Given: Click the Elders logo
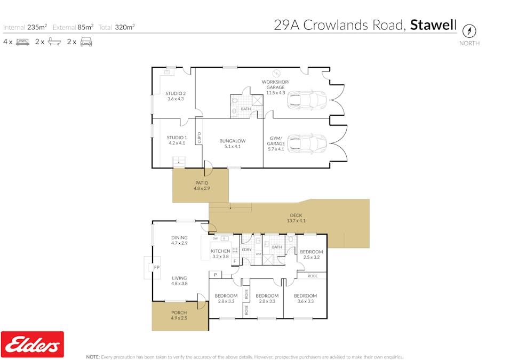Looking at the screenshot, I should (33, 344).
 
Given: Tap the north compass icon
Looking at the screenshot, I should (469, 30).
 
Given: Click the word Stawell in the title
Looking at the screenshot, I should (433, 25).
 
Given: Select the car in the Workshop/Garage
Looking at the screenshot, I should (306, 100).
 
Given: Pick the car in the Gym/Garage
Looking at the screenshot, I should (306, 143).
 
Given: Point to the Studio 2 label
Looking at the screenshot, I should (175, 93).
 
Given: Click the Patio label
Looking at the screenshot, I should (202, 183).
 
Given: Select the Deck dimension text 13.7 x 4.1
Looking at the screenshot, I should (296, 221).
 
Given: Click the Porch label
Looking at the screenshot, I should (179, 313).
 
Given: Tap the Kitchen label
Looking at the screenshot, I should (220, 251).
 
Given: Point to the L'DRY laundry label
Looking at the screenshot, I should (246, 250).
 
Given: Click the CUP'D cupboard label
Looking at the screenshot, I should (199, 138).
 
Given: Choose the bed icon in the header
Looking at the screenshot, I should (22, 42).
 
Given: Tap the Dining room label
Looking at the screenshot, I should (179, 238).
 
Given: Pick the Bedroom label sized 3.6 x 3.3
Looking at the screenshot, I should (306, 296).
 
